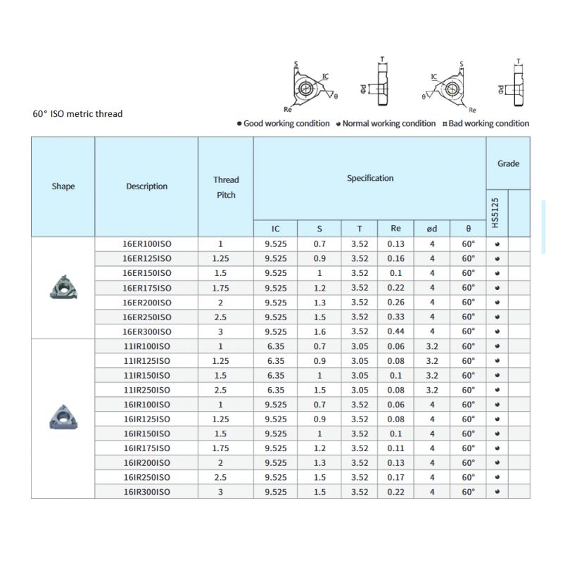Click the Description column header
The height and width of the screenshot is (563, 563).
[146, 186]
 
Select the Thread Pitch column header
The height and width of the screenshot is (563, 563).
[226, 187]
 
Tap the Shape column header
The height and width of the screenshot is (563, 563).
[63, 186]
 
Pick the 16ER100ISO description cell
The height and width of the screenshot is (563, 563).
[146, 244]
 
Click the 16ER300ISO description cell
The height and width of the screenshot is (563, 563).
[146, 331]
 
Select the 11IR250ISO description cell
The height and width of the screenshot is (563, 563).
[146, 390]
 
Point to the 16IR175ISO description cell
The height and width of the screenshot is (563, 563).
[146, 448]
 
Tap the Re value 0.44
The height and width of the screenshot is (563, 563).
[396, 331]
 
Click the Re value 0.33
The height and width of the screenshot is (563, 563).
[396, 317]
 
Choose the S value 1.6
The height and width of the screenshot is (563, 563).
[320, 331]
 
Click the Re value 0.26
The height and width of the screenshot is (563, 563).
[396, 303]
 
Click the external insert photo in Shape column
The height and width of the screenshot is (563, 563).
[63, 287]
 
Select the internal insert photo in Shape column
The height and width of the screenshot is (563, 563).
[63, 419]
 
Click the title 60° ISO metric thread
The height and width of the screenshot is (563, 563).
[77, 113]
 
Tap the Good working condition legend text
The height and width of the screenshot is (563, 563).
[286, 123]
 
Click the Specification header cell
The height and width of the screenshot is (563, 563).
[369, 178]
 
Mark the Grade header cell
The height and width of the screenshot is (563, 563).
[508, 163]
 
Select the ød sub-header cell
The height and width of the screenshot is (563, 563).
[432, 229]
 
